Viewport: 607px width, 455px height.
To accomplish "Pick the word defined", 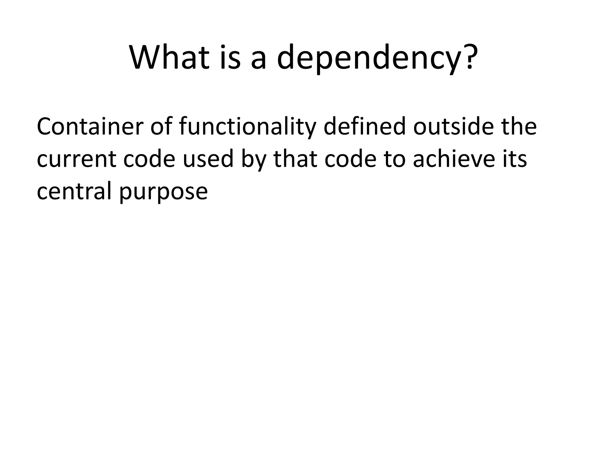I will [364, 126].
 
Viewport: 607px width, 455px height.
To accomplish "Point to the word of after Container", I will [161, 126].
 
